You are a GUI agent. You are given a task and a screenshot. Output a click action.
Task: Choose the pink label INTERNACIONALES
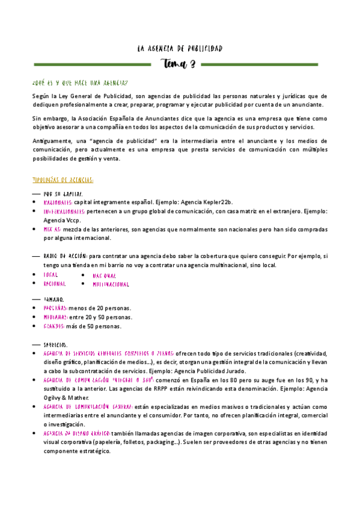[x=64, y=212]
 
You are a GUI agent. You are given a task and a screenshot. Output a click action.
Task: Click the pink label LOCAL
[x=50, y=274]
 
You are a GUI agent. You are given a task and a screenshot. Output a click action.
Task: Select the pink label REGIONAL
[x=54, y=283]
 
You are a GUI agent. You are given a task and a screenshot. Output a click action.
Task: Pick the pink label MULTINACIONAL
[x=111, y=284]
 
